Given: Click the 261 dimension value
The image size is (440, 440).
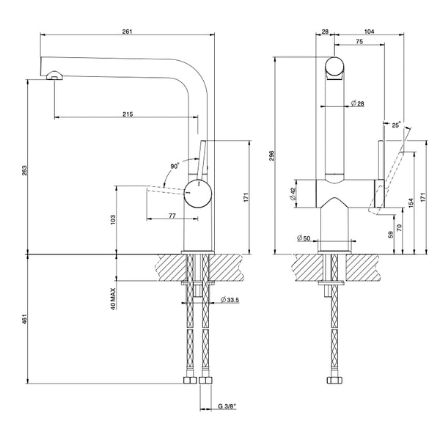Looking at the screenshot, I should point(127,31).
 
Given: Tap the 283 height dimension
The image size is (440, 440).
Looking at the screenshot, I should point(24,171).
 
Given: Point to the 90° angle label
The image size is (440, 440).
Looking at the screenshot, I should point(174,166).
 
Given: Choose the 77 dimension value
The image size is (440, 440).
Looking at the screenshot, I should point(172,215).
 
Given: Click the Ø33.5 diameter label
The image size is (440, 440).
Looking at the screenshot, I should point(232,300).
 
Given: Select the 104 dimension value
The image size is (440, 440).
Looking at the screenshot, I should point(369,31).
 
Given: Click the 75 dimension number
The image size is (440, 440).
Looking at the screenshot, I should point(359,43).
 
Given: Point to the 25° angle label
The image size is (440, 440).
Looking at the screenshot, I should point(397,125).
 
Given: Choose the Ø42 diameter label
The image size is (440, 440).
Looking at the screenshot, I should point(293,194).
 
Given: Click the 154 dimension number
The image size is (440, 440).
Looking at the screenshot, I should point(411,202).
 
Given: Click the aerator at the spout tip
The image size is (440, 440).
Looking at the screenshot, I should point(54,76).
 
